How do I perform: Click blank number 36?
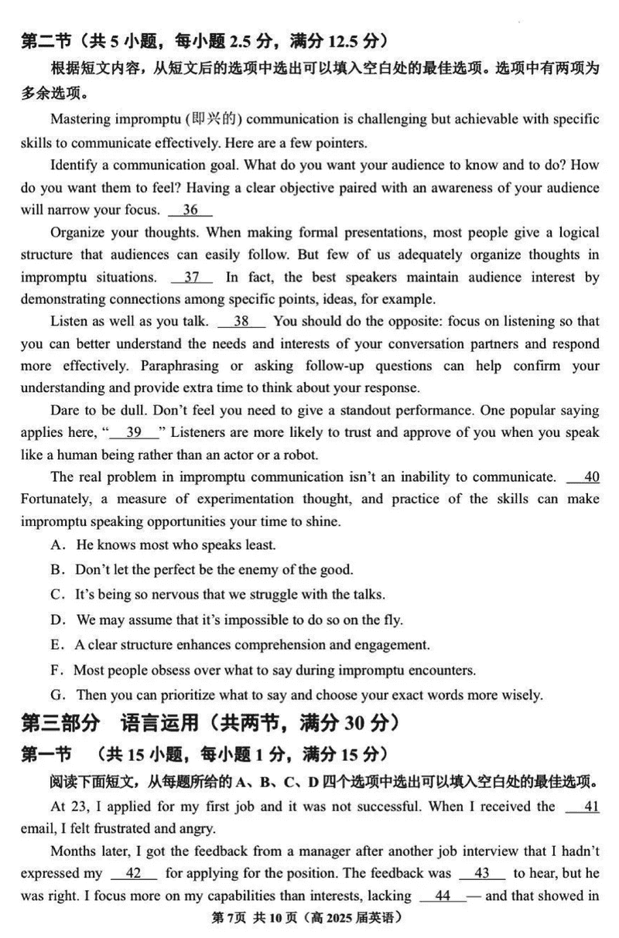tap(190, 210)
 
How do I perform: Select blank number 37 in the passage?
tap(193, 277)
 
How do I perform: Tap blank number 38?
tap(241, 321)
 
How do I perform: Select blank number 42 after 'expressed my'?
tap(133, 873)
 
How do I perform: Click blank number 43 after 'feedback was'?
tap(481, 873)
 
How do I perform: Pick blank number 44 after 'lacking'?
tap(443, 895)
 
